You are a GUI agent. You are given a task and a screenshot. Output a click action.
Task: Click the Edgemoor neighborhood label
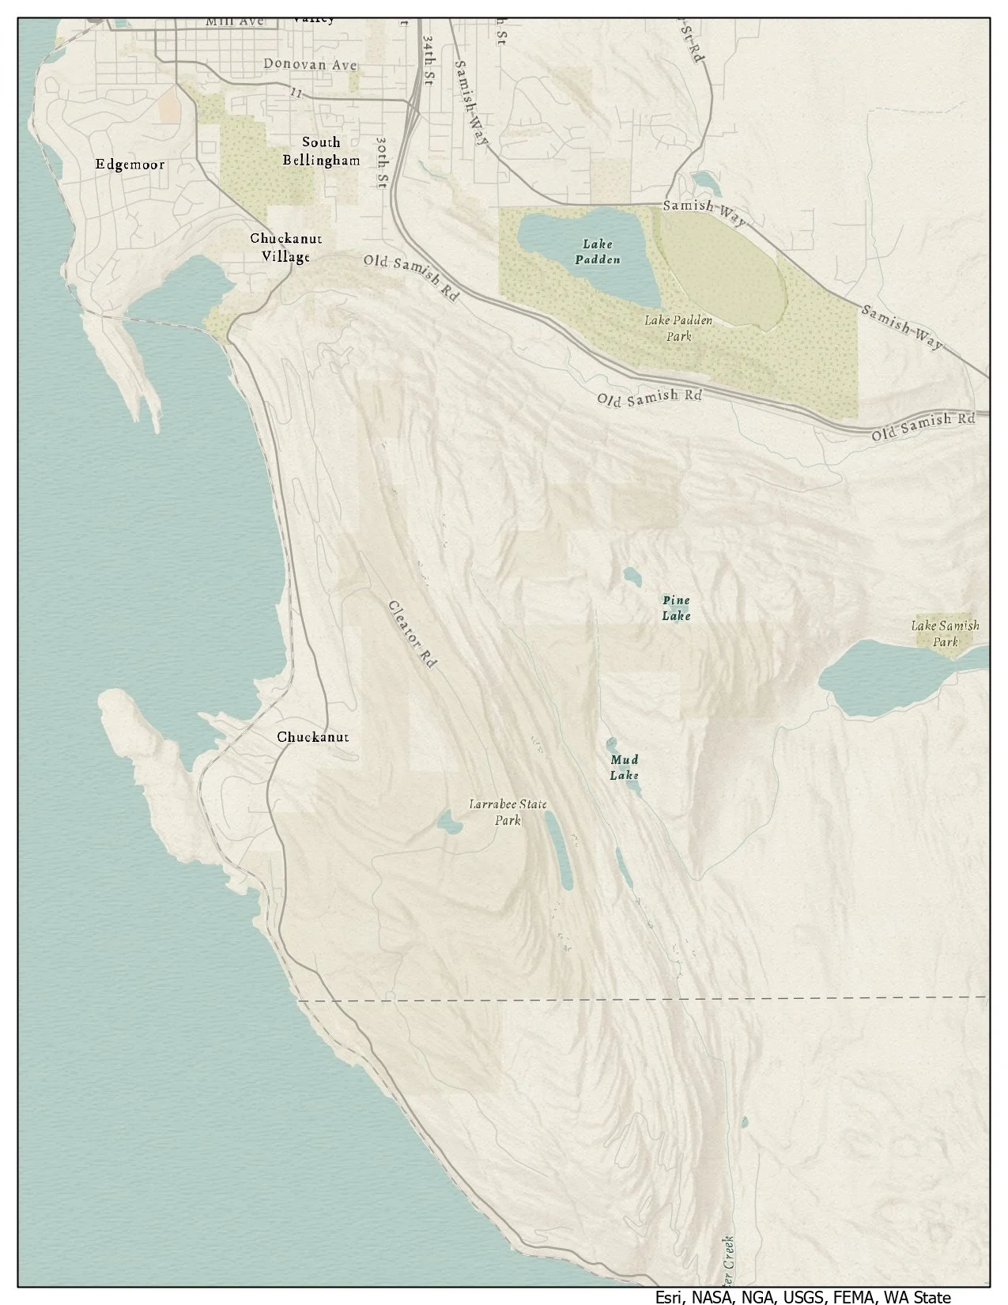coord(130,165)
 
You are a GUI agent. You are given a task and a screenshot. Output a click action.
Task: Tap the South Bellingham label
coord(321,151)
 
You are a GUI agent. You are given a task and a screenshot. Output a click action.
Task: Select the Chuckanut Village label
coord(286,247)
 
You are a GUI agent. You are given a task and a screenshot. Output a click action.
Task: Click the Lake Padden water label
coord(598,252)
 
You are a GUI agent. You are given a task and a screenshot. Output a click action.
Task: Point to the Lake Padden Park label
coord(678,328)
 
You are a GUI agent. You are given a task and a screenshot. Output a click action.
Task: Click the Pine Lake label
coord(677,608)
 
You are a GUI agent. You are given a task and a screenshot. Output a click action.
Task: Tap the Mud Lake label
coord(624,768)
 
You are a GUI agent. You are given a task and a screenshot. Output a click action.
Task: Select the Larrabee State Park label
coord(508,813)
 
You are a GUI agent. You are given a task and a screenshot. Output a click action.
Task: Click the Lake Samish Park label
coord(945,634)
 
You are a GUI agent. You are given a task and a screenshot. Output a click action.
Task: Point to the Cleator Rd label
coord(413,635)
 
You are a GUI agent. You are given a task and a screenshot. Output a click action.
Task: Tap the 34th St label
coord(428,59)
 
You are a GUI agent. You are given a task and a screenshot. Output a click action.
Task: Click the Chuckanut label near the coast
coord(312,737)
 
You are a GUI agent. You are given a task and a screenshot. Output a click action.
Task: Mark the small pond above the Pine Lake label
coord(632,576)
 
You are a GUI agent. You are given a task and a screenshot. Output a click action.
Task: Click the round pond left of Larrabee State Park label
coord(450,826)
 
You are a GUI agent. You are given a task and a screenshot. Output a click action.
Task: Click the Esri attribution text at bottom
coord(802,1297)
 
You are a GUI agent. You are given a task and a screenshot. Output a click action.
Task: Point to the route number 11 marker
coord(296,93)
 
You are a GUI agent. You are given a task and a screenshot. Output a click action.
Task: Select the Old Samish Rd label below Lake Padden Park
coord(649,396)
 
